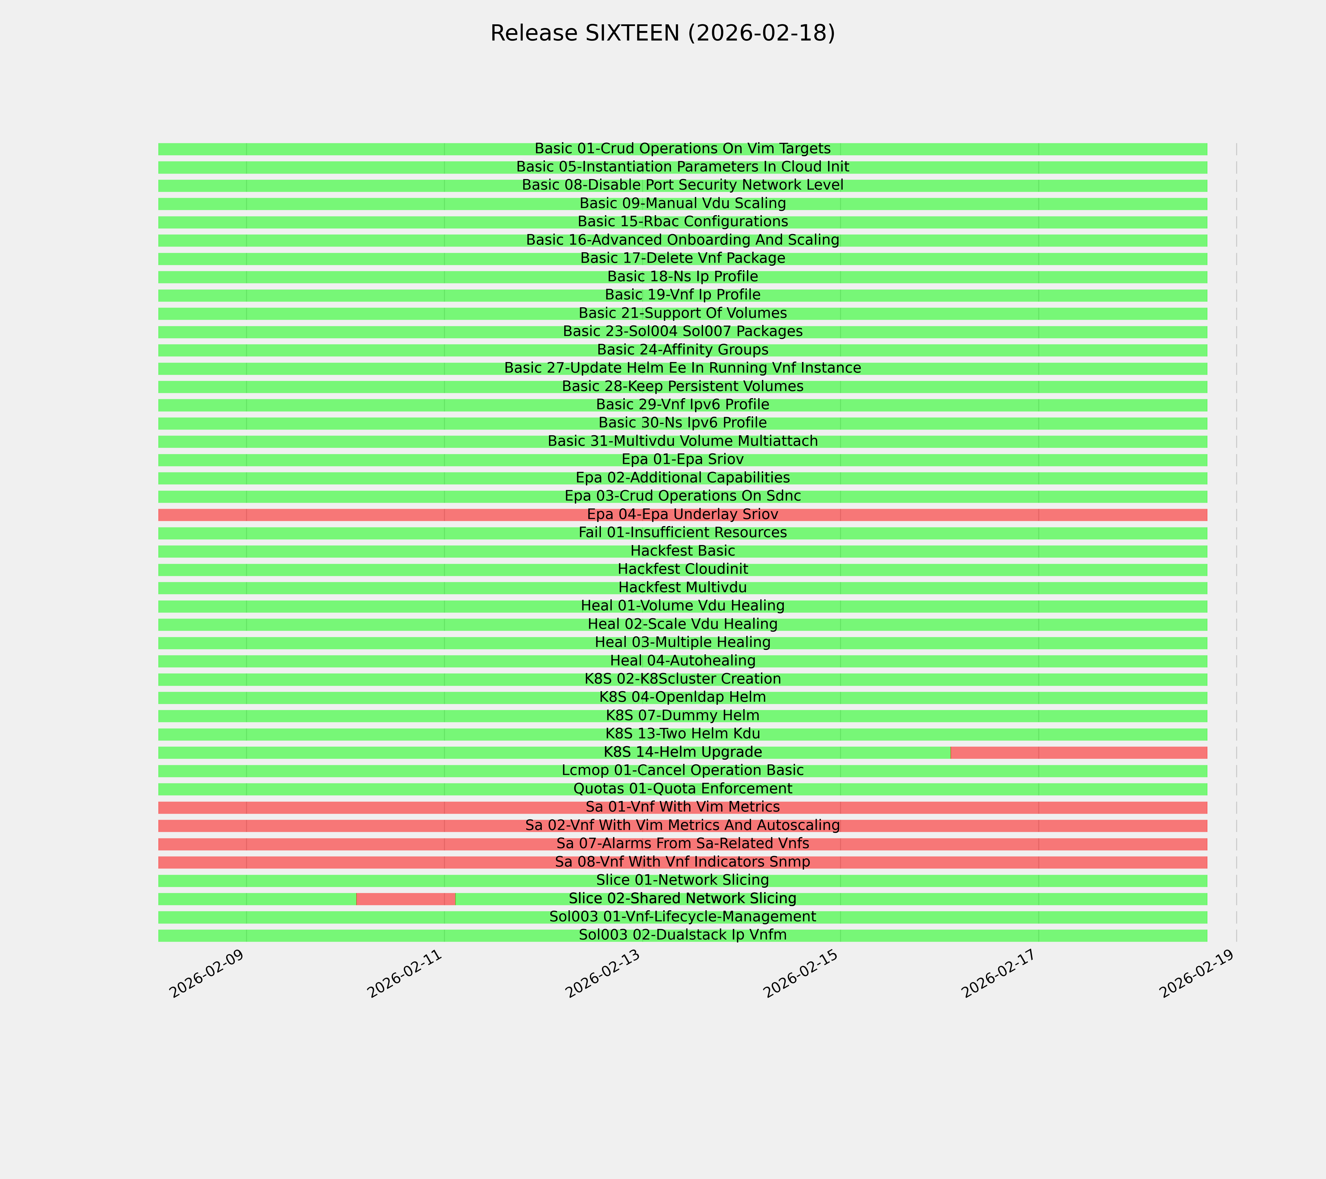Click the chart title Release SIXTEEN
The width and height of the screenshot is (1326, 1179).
click(x=662, y=33)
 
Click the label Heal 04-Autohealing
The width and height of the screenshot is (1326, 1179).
click(x=682, y=660)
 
